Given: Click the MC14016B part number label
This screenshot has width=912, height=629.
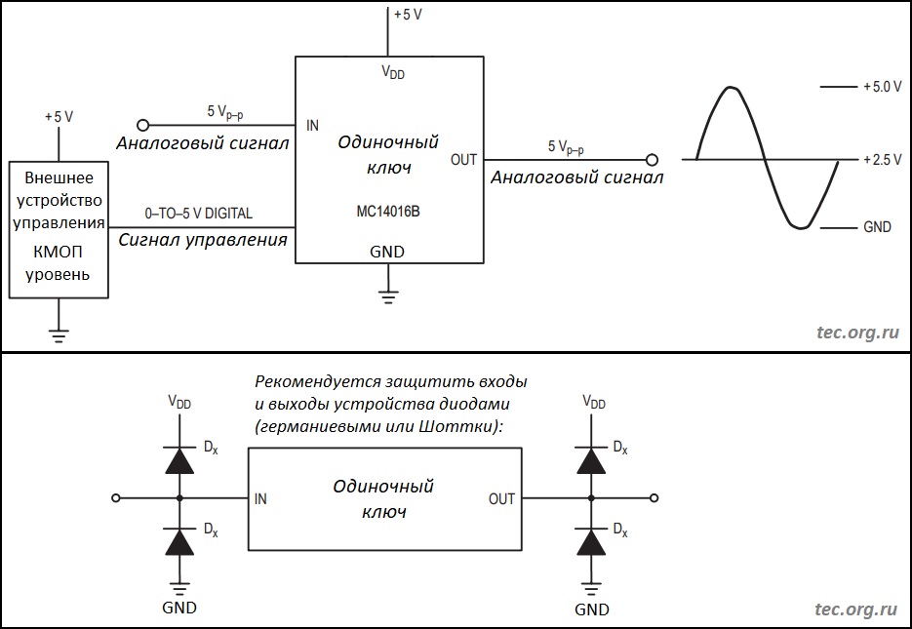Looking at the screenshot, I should (389, 211).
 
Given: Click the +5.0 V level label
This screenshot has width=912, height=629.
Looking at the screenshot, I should (882, 87).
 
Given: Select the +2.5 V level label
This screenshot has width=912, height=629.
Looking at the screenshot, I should (882, 160).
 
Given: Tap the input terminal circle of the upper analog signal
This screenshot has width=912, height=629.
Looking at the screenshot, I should (142, 125).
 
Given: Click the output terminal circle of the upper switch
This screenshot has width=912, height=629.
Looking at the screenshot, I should (652, 159).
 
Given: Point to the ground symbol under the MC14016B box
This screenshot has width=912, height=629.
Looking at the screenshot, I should (389, 295).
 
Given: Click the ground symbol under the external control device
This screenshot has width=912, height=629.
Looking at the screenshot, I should (59, 337).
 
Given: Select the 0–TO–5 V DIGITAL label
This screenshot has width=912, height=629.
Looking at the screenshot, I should (198, 213).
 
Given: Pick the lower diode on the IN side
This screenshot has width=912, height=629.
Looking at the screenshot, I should (179, 541).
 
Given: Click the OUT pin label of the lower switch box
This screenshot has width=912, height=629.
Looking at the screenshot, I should (501, 498).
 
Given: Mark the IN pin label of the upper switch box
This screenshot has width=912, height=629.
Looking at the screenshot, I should (312, 126).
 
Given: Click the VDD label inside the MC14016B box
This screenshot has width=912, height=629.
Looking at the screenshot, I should (393, 74).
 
